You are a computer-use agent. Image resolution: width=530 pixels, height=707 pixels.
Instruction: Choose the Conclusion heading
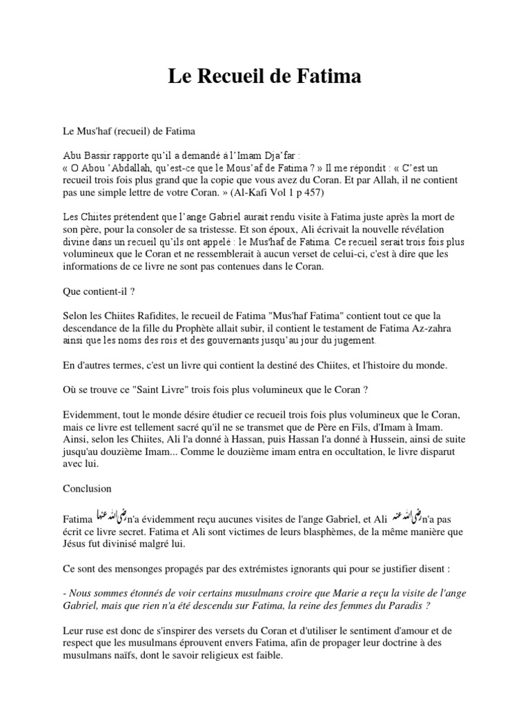point(87,488)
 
